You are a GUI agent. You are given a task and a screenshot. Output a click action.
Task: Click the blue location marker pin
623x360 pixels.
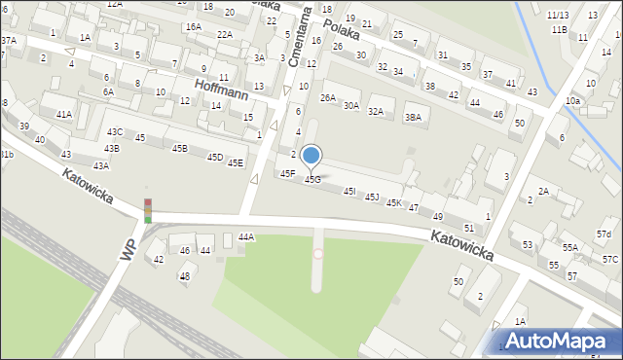(x=311, y=156)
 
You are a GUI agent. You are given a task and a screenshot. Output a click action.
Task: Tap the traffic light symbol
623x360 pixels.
(x=148, y=210)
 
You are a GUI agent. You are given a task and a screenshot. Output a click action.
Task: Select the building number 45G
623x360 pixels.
(x=312, y=180)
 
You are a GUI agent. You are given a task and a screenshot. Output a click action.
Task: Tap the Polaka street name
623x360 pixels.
(x=342, y=27)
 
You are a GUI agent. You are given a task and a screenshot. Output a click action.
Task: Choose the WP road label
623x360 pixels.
(x=128, y=251)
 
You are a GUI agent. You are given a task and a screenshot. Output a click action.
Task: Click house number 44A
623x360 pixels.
(x=246, y=237)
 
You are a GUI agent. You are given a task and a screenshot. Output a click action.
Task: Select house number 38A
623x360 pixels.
(x=414, y=118)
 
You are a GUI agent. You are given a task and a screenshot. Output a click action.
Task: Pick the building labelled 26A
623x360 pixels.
(x=328, y=97)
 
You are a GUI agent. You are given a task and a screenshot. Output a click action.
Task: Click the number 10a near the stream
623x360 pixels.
(x=572, y=101)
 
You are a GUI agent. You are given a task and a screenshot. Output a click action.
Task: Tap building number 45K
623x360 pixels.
(x=394, y=202)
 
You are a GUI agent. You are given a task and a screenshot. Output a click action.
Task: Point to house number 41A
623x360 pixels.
(x=64, y=115)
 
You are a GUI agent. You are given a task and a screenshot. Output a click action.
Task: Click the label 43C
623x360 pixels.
(x=115, y=132)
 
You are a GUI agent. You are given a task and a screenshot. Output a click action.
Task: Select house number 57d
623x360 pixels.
(x=605, y=235)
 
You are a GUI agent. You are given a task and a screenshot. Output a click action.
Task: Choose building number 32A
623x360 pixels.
(x=376, y=112)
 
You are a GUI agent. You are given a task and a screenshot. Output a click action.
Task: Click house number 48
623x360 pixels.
(x=184, y=276)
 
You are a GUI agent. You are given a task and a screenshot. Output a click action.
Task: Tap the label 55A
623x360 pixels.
(x=569, y=248)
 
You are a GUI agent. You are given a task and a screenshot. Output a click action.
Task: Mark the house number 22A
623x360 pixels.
(x=225, y=34)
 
